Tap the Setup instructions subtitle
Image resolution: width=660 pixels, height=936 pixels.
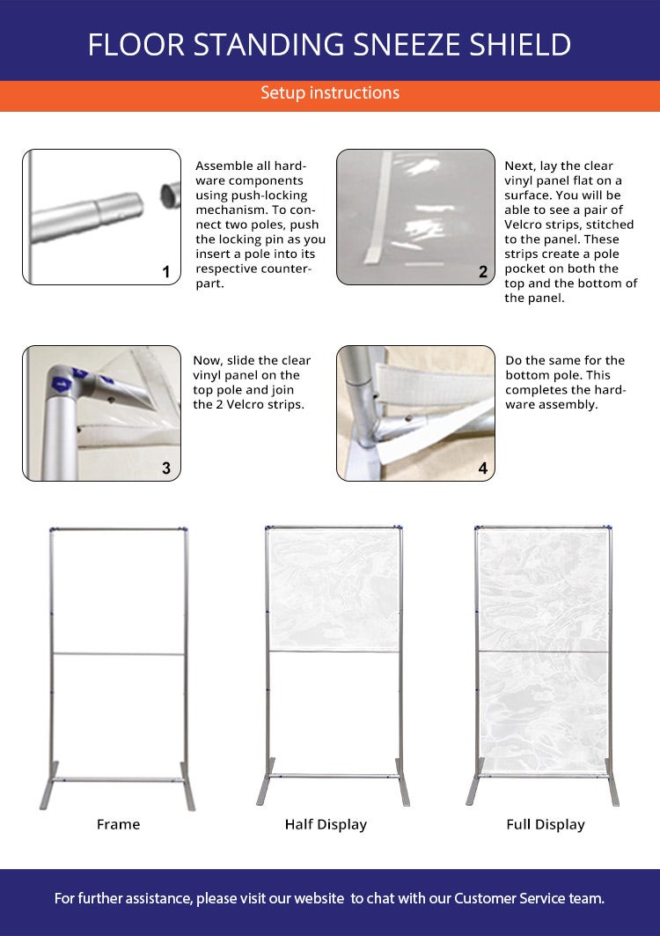[x=330, y=92]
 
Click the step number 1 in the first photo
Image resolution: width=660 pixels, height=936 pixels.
[x=166, y=271]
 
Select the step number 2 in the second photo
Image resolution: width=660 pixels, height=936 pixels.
[x=483, y=271]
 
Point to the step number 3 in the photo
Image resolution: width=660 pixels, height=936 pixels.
[x=166, y=468]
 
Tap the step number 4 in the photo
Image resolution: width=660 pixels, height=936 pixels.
[x=483, y=468]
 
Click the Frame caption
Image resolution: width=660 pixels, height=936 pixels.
[x=118, y=824]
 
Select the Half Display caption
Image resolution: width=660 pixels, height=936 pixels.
[x=326, y=824]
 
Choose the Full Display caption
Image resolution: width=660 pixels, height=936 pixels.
[x=546, y=824]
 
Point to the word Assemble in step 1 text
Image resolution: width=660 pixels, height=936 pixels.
[x=220, y=166]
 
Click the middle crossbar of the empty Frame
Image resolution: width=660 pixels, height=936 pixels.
[x=119, y=653]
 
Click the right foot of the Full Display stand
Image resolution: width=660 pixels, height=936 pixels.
[x=612, y=782]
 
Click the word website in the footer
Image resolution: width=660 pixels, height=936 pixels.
[x=319, y=898]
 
